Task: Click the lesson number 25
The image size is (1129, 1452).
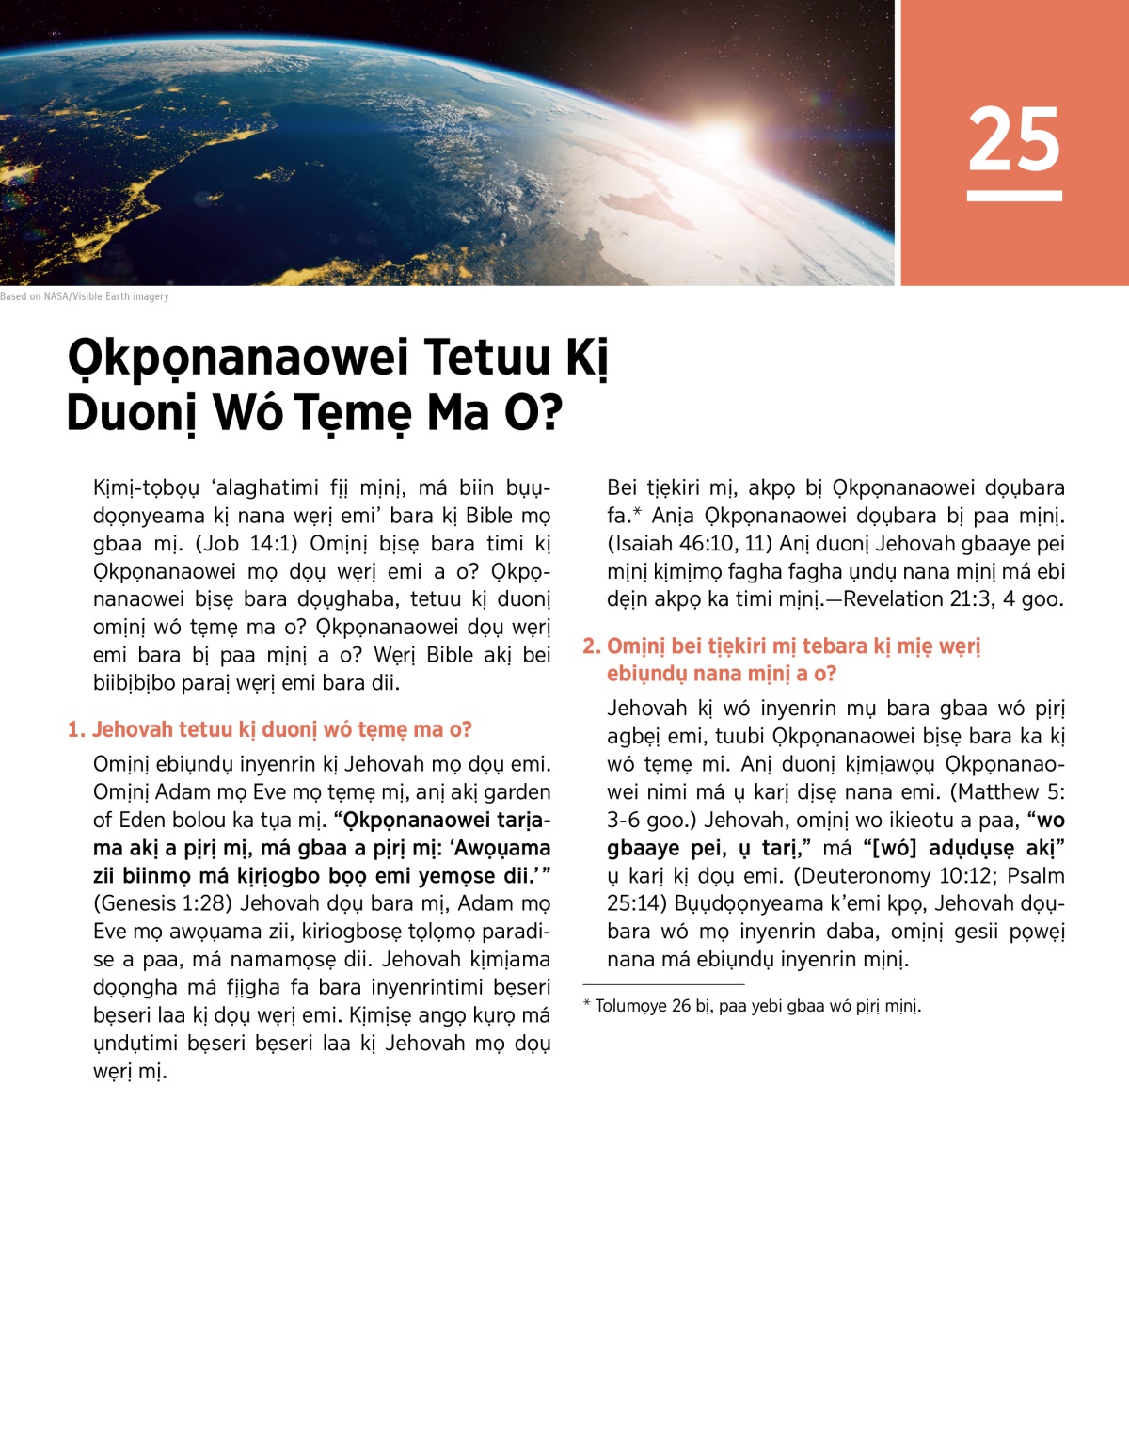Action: pos(1014,139)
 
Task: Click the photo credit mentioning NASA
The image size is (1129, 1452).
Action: pos(85,296)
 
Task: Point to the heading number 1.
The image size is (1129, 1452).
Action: pos(75,730)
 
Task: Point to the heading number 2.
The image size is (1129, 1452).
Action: pos(590,646)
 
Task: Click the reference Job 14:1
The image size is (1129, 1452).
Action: pos(246,544)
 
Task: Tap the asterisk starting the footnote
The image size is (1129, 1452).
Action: pos(587,1005)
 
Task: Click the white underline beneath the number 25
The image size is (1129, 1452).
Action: pos(1014,196)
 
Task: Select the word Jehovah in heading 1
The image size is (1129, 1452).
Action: pos(133,730)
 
